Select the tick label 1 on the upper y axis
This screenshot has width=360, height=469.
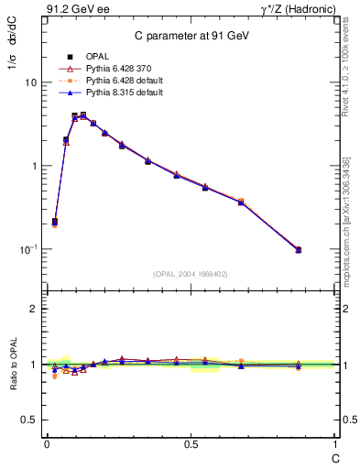click(33, 166)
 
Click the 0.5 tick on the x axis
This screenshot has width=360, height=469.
click(190, 443)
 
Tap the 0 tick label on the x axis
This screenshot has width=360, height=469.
click(46, 443)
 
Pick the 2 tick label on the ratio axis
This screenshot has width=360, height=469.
click(33, 309)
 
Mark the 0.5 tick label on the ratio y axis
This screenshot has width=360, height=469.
click(28, 420)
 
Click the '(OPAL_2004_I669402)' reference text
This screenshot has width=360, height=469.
click(190, 273)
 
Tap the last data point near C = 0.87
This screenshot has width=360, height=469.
click(299, 249)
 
